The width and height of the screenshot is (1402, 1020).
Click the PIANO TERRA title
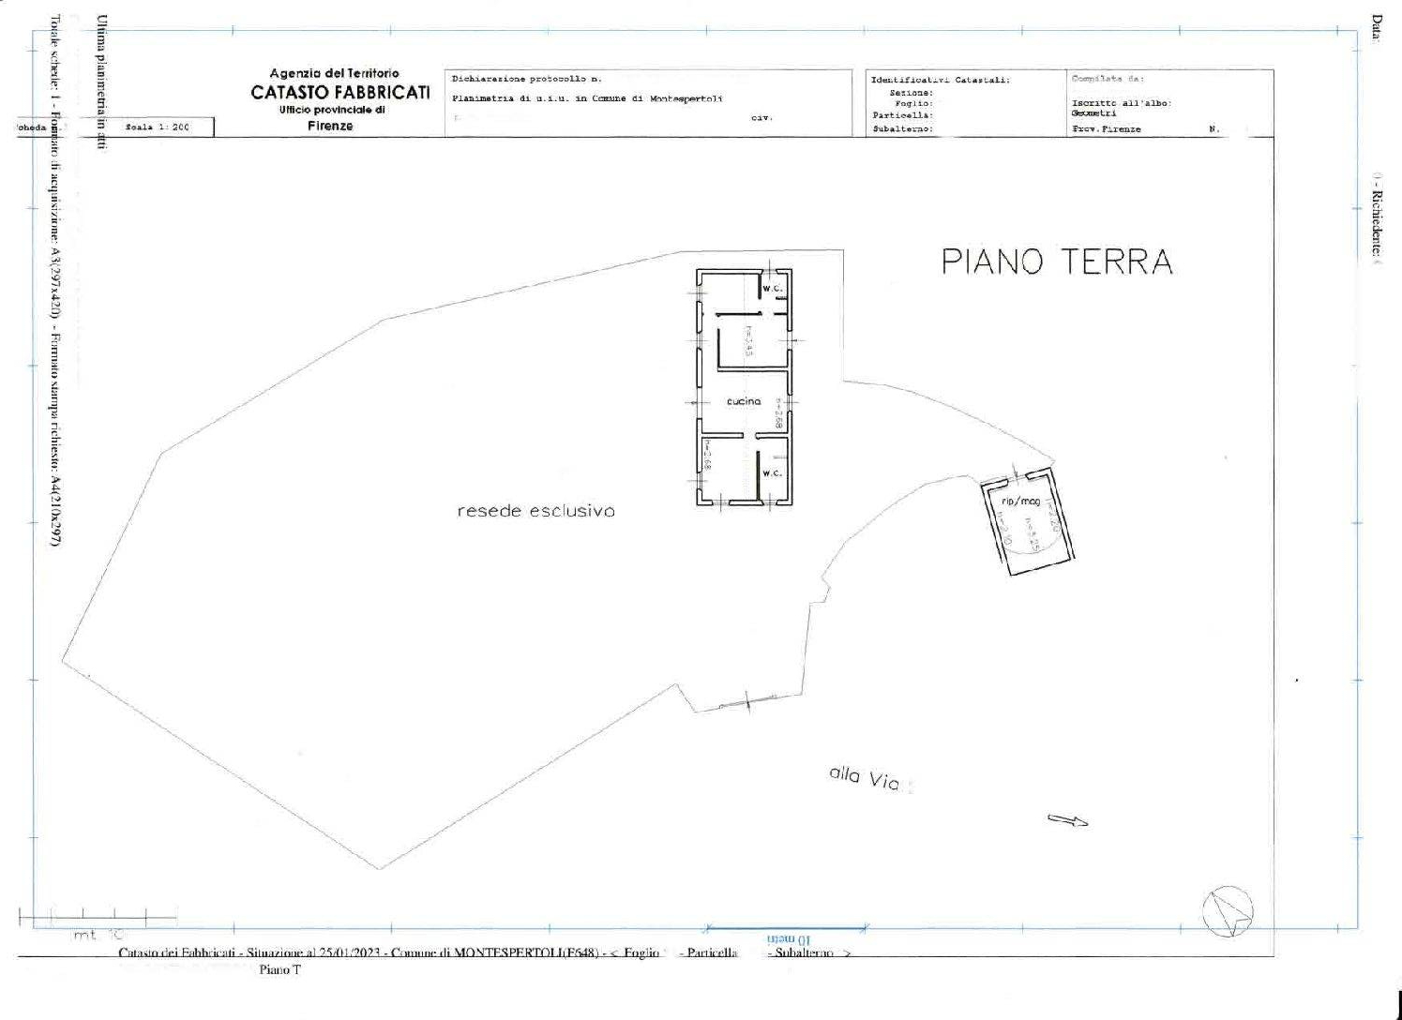point(1057,262)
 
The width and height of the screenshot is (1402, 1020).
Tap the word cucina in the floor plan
point(744,401)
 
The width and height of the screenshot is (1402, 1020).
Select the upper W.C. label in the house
point(772,289)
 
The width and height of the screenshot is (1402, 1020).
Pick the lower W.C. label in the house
point(772,472)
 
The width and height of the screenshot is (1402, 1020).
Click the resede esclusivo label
point(535,511)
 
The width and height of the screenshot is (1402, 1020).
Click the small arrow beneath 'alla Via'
point(1067,820)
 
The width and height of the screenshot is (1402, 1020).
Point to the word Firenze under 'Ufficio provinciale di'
point(330,126)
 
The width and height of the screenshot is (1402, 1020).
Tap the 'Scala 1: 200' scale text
point(157,127)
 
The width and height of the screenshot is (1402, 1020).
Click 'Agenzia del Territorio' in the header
point(334,73)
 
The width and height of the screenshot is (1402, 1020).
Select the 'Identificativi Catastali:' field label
point(940,81)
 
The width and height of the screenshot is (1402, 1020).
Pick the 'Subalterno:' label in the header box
point(902,129)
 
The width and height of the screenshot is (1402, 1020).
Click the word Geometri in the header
point(1093,113)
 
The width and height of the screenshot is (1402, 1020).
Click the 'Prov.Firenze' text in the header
point(1106,129)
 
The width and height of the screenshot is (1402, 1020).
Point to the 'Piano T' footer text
point(279,970)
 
